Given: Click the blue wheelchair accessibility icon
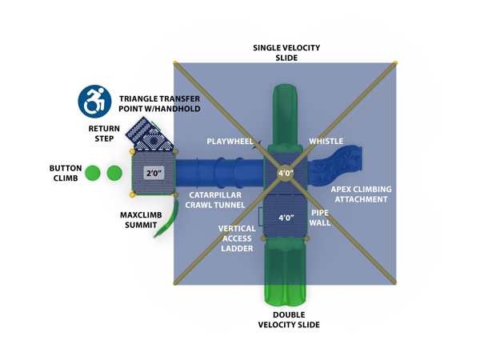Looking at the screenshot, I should pyautogui.click(x=95, y=102).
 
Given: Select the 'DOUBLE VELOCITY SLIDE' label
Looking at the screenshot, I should pyautogui.click(x=289, y=319).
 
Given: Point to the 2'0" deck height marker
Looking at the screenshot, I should pyautogui.click(x=154, y=173).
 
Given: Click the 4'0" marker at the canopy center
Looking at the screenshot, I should pyautogui.click(x=286, y=173).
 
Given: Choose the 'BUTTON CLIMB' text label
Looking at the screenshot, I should pyautogui.click(x=66, y=173).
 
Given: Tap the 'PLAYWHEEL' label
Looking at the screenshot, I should pyautogui.click(x=230, y=142).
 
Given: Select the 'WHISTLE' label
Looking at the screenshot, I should pyautogui.click(x=326, y=142).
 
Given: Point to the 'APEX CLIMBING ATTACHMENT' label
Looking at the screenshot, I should pyautogui.click(x=362, y=194).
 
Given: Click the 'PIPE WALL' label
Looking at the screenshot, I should pyautogui.click(x=320, y=218).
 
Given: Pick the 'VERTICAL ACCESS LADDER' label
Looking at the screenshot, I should pyautogui.click(x=236, y=238).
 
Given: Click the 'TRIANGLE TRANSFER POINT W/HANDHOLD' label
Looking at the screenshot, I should pyautogui.click(x=159, y=102).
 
